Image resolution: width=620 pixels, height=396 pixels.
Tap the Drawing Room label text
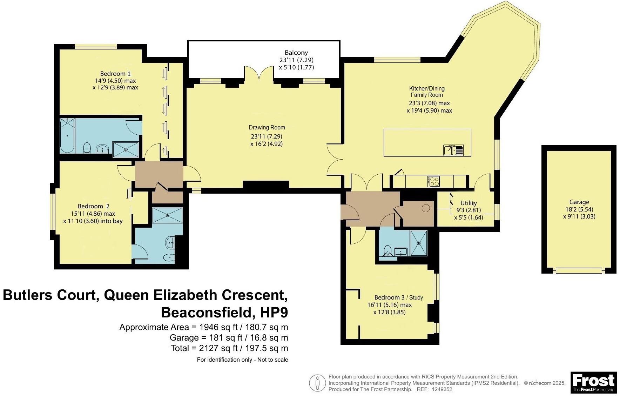point(267,128)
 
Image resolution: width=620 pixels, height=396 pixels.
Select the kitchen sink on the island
point(453,150)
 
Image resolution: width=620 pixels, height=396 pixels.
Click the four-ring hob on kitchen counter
point(433,181)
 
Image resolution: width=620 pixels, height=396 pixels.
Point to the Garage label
point(579,202)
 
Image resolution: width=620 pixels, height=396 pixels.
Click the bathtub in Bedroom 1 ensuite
point(67,135)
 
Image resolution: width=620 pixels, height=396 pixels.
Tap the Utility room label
point(468,203)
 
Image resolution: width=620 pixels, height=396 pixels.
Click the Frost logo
point(593,382)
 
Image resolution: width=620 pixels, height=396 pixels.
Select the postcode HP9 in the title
point(274,311)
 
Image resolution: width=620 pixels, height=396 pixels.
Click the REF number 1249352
point(442,389)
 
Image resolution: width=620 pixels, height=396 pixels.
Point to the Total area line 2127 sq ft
point(229,348)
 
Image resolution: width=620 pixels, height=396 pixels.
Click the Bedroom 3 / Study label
point(398,297)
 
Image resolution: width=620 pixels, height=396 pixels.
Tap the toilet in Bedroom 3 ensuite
point(387,250)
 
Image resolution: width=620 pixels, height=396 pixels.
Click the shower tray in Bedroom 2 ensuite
point(168,215)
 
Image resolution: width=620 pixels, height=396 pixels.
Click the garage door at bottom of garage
point(579,270)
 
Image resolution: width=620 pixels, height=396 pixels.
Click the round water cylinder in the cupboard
point(426,208)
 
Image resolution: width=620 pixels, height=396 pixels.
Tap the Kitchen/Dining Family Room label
point(427,92)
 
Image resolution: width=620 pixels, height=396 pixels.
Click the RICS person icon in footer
point(317,383)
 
